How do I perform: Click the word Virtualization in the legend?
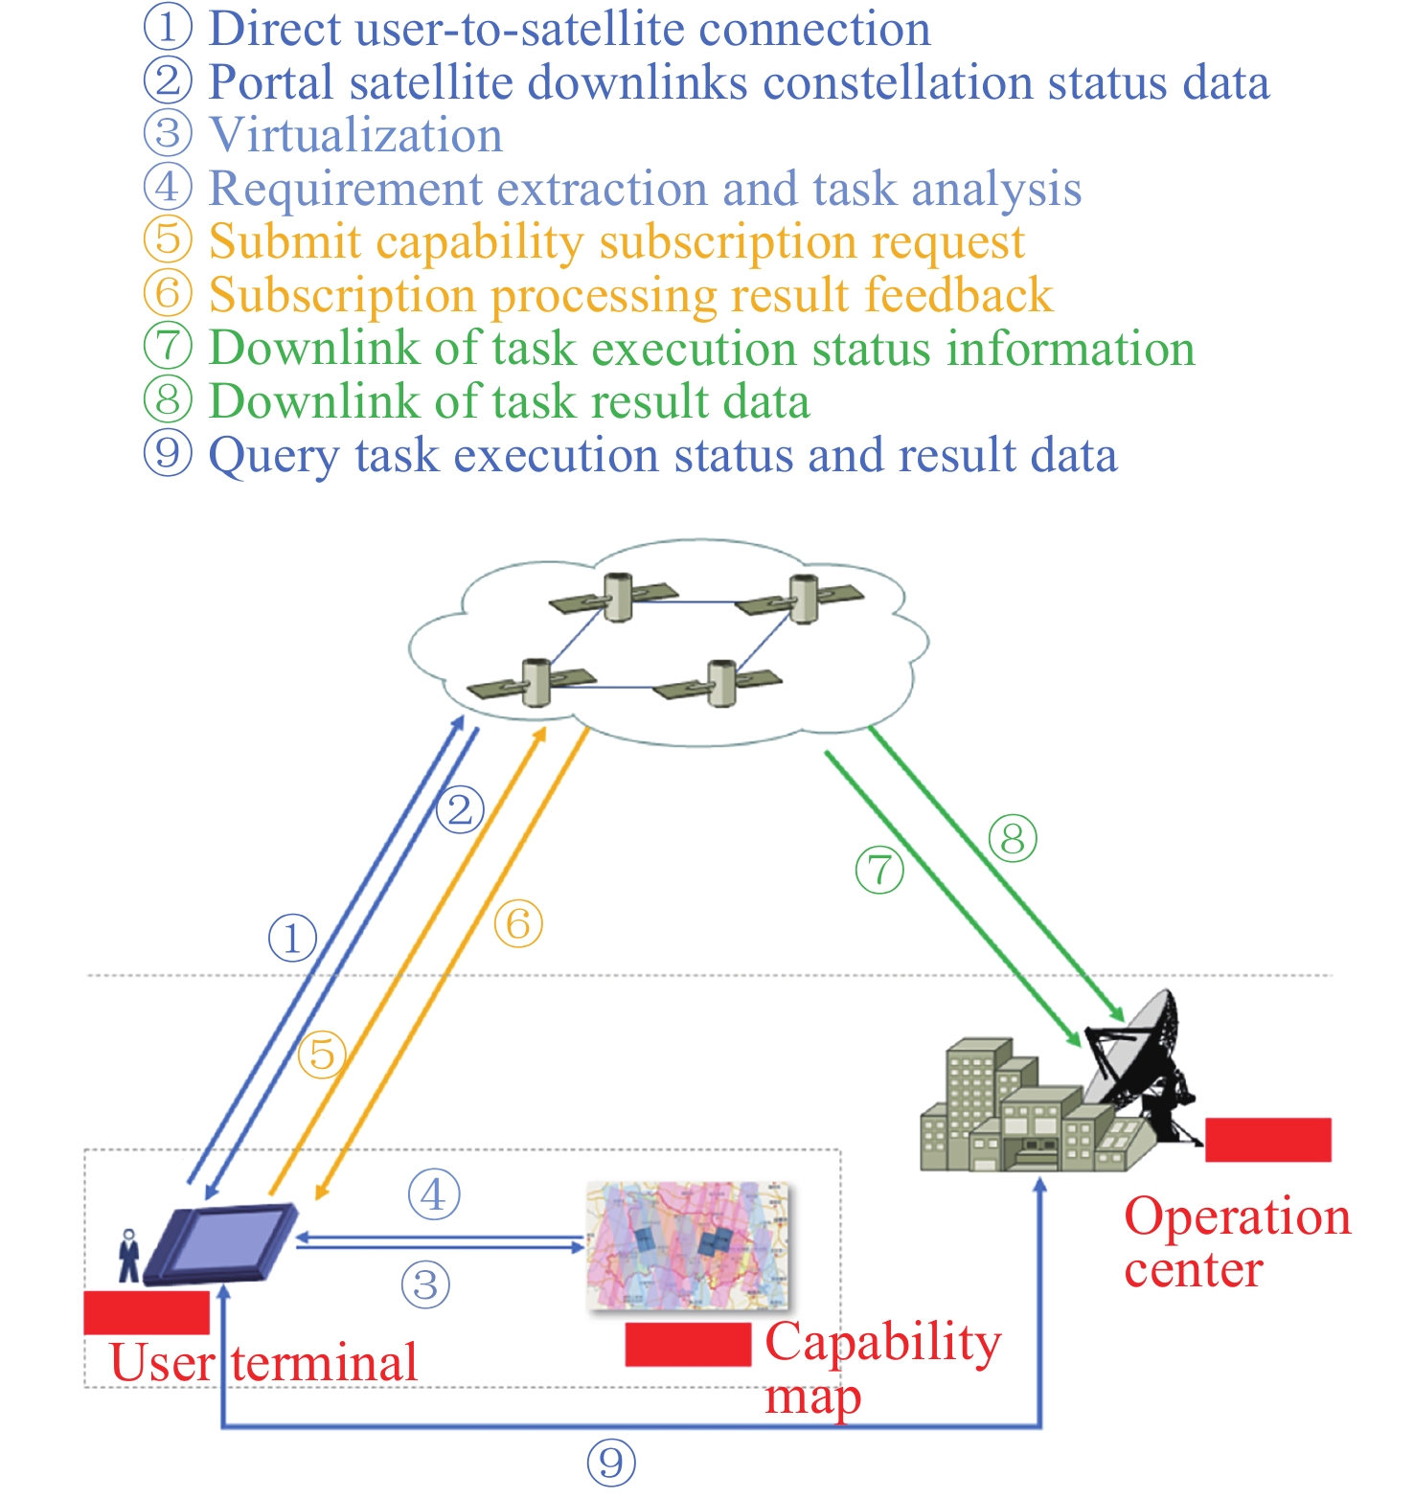[x=355, y=135]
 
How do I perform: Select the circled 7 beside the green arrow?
[x=879, y=870]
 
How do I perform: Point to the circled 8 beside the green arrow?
[x=1013, y=839]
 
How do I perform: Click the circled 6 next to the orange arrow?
[x=518, y=924]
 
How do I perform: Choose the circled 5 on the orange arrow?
[x=322, y=1055]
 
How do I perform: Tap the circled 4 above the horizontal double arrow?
[x=434, y=1194]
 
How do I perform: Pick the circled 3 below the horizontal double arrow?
[x=425, y=1284]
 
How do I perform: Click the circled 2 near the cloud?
[x=460, y=810]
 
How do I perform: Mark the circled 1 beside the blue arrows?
[x=292, y=938]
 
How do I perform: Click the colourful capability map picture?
[x=688, y=1245]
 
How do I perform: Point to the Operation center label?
[x=1236, y=1242]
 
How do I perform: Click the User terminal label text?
[x=263, y=1362]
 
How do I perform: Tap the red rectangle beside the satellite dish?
[x=1267, y=1140]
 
